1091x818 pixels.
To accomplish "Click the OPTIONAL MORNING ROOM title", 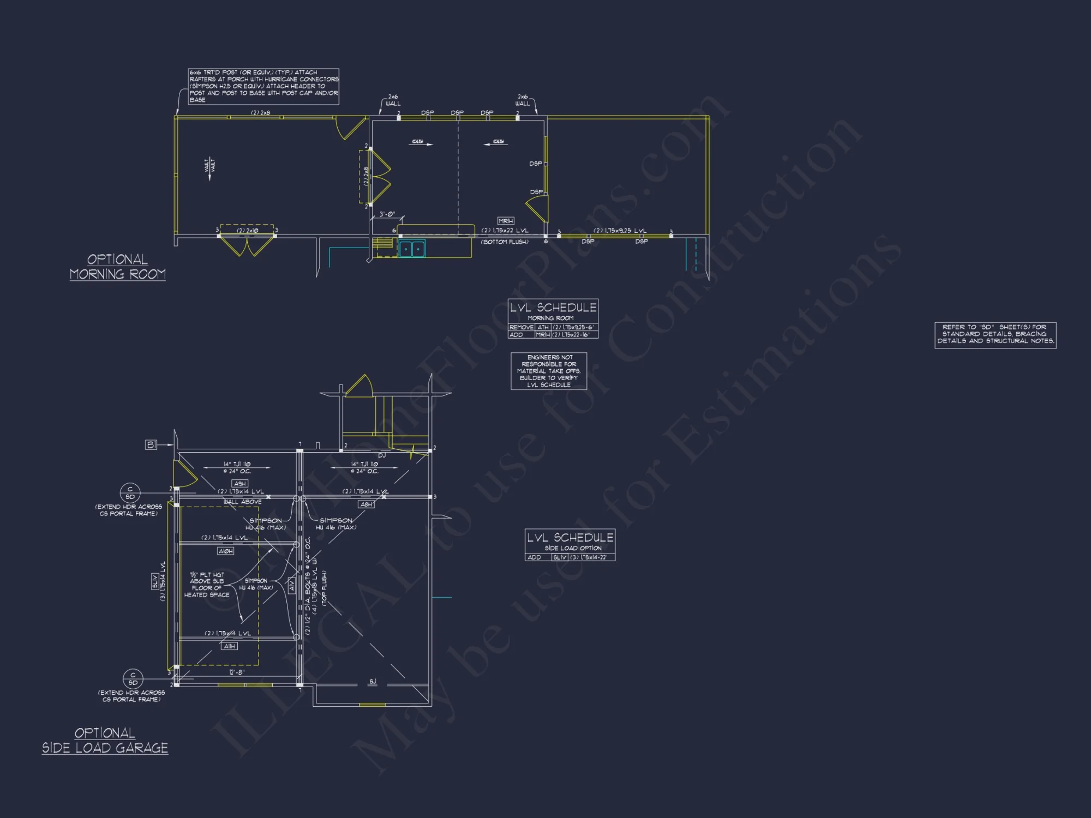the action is point(118,267).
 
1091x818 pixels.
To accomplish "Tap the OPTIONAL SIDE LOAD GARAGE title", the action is point(105,741).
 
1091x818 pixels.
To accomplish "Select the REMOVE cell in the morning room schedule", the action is point(521,327).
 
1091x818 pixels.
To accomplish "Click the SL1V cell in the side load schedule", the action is point(560,557).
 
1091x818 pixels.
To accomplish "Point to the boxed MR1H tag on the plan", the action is point(506,221).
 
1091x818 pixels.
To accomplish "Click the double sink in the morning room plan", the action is point(412,249).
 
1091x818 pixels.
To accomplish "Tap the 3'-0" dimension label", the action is point(387,214).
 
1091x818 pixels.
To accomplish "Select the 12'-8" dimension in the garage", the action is point(236,672).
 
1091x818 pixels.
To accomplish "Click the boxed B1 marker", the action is point(151,445).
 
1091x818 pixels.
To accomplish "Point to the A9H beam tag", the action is point(240,484).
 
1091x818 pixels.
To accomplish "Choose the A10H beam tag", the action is point(225,551).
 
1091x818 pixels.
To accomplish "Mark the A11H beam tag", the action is point(230,646).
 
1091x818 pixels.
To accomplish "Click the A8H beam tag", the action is point(366,504).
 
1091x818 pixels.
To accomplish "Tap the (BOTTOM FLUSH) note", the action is point(505,242).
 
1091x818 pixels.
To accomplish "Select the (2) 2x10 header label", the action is point(247,231).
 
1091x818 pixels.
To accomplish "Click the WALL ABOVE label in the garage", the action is point(242,502).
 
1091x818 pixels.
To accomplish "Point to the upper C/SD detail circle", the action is point(130,493).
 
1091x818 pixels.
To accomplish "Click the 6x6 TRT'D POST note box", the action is point(263,86).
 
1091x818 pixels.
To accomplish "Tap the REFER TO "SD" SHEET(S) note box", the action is point(995,334).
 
